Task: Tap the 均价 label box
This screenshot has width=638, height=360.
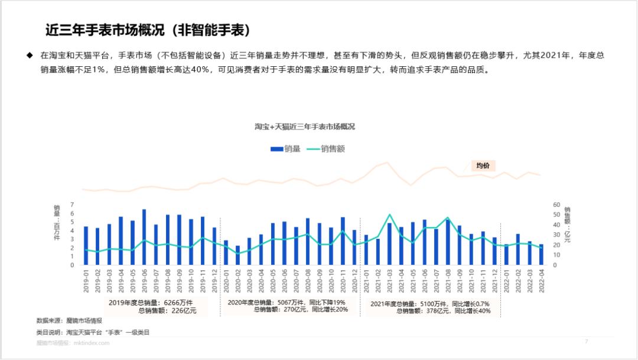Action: tap(483, 166)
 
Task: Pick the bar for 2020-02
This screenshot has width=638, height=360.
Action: tap(237, 255)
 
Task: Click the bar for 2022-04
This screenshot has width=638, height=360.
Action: tap(541, 255)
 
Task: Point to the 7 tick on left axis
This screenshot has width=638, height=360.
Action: tap(72, 205)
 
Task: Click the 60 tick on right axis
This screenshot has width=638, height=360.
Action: tap(556, 205)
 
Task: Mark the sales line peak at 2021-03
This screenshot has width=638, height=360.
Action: tap(389, 215)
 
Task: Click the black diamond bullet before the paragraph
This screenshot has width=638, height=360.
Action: tap(29, 55)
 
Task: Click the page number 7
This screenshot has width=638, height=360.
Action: tap(586, 342)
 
